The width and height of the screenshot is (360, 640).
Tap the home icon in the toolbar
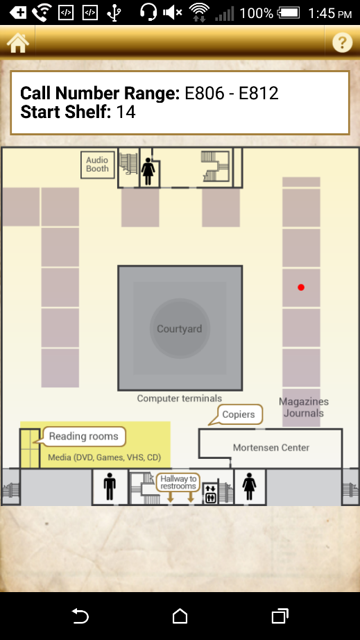[17, 43]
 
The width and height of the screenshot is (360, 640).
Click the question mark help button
[342, 42]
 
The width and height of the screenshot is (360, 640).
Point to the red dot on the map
[301, 287]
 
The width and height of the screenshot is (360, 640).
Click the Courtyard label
[180, 329]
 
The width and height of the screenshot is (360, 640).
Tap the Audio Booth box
[97, 165]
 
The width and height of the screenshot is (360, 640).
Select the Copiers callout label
[239, 414]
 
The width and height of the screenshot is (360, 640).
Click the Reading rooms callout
[83, 437]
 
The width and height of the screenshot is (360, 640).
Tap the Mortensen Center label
[271, 448]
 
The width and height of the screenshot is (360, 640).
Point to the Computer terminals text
[180, 398]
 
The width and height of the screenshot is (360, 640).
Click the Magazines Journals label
[304, 407]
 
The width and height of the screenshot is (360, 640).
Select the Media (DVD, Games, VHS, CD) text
[104, 457]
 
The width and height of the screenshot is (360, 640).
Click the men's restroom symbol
[110, 487]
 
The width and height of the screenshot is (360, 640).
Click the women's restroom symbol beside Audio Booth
[148, 171]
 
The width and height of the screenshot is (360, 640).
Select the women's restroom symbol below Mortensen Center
[249, 487]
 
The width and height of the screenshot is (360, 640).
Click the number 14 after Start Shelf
[126, 112]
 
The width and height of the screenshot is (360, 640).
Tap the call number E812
[259, 94]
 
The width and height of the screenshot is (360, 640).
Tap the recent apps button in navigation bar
[280, 616]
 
